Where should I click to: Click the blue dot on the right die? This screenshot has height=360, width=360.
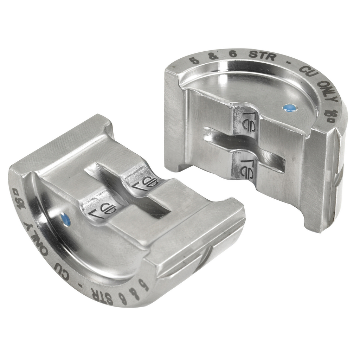[290, 108]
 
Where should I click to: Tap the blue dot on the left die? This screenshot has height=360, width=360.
[66, 220]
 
